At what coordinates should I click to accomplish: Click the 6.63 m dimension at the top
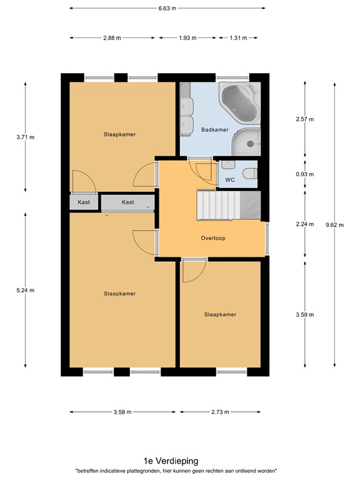point(167,9)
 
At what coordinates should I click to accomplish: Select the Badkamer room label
point(214,130)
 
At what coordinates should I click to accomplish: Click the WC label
point(229,180)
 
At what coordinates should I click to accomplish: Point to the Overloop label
point(212,238)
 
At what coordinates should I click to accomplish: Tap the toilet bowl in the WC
point(249,174)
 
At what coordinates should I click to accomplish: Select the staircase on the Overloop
point(219,205)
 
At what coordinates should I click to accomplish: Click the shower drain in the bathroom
point(251,144)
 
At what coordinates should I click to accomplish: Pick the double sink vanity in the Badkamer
point(185,116)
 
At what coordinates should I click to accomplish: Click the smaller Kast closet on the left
point(84,202)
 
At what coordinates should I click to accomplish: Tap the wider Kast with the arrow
point(128,202)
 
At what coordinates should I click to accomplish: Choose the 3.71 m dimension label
point(25,134)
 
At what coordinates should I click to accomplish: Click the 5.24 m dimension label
point(25,290)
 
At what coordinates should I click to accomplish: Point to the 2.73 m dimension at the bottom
point(220,412)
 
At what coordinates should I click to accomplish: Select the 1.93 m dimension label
point(187,38)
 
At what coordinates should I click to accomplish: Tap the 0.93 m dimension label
point(304,174)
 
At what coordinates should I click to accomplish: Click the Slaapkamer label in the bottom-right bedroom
point(220,314)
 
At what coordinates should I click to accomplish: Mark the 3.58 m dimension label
point(123,412)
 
